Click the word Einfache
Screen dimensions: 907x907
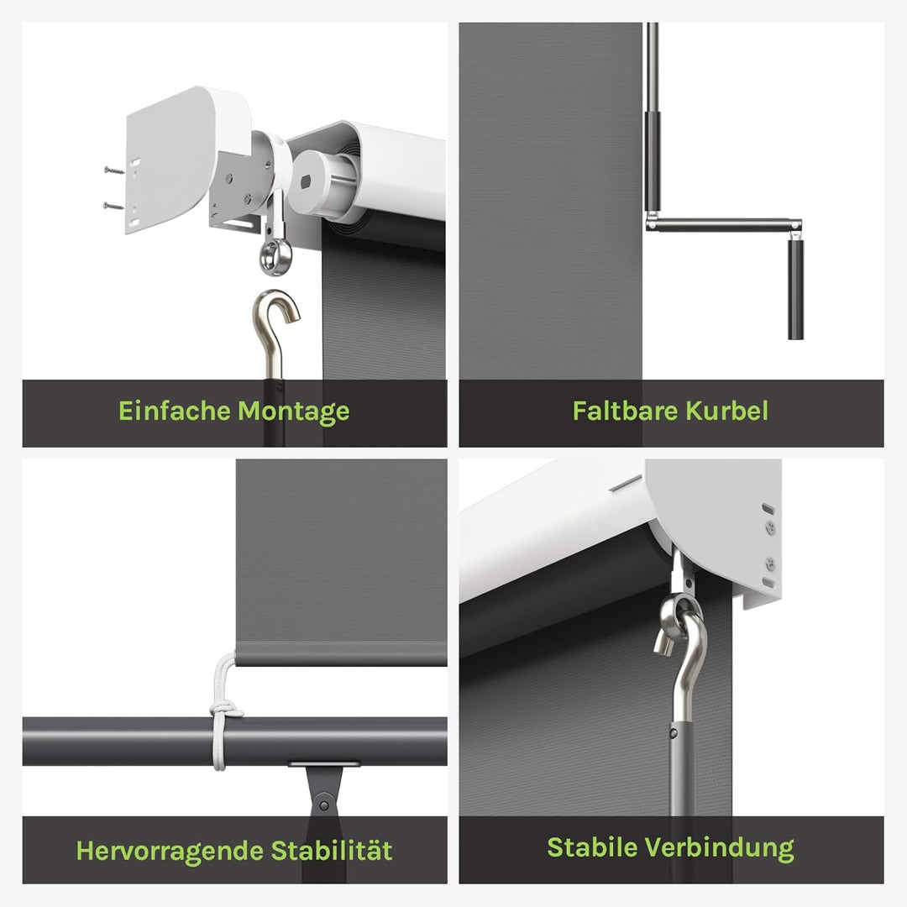174,411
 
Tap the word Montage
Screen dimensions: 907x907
293,412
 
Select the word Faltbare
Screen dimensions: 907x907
625,411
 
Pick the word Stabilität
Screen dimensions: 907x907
332,850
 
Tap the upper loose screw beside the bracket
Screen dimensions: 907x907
114,170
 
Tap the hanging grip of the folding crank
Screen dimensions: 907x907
795,287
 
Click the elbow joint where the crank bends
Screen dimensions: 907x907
653,223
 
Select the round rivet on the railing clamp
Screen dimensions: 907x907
323,805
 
